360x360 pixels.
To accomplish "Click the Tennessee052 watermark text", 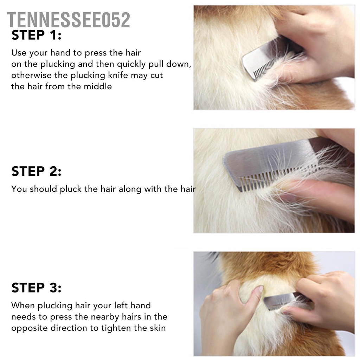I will (x=69, y=20).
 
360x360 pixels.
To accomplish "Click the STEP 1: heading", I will (x=36, y=36).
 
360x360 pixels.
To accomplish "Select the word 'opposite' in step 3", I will (x=27, y=328).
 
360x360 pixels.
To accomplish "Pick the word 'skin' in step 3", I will (x=157, y=328).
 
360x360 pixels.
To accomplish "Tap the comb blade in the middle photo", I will (x=267, y=158).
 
